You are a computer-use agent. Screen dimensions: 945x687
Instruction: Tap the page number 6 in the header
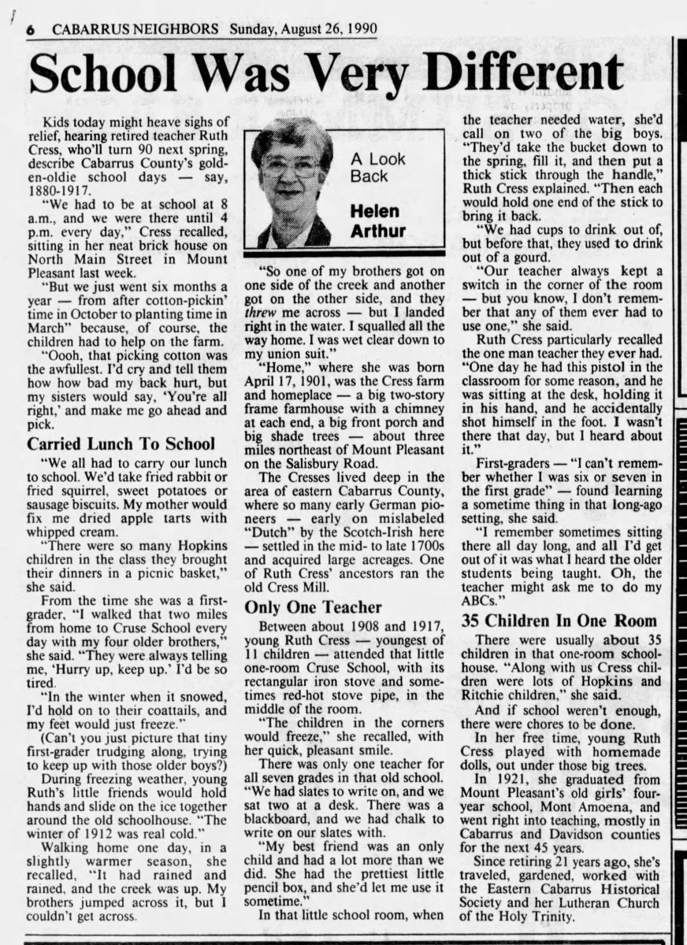coord(31,30)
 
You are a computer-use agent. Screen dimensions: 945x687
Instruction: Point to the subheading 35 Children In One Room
coord(559,620)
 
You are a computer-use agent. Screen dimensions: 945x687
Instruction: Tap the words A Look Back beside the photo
coord(377,167)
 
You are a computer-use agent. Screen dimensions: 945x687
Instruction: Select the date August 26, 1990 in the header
coord(327,29)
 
